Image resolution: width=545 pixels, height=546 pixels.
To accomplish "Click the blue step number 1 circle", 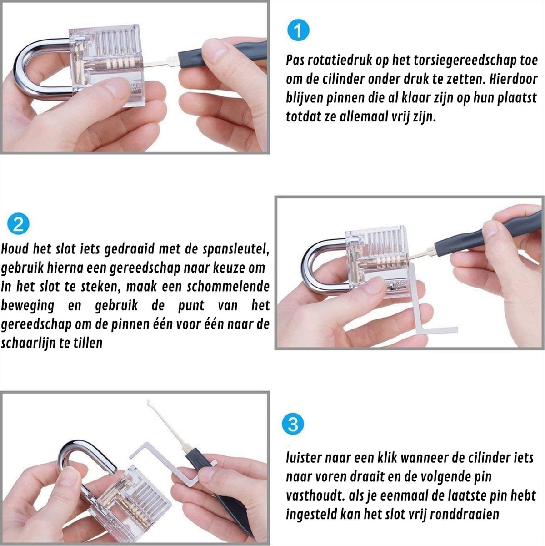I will click(x=298, y=30).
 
